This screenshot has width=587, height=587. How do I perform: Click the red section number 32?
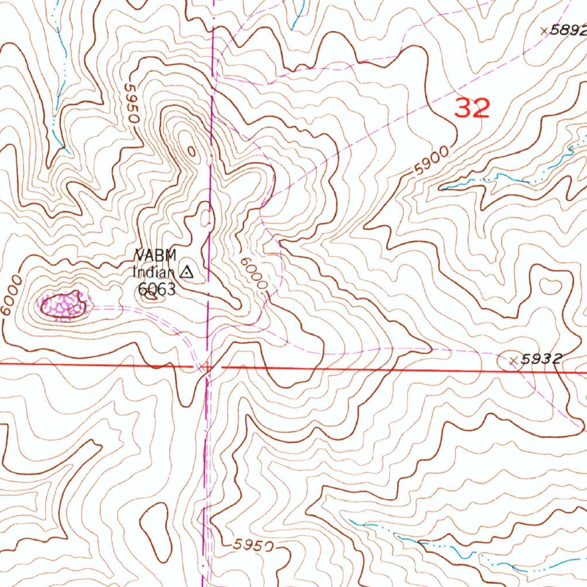pos(472,108)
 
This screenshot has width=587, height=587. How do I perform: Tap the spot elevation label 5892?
pos(568,32)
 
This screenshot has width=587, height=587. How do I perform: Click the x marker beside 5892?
pos(544,32)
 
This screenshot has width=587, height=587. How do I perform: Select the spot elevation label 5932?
pos(542,359)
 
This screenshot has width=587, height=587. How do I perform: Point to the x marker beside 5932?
pos(514,361)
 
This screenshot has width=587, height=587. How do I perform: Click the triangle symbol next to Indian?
pos(187,272)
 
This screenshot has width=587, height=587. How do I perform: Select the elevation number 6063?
pos(156,289)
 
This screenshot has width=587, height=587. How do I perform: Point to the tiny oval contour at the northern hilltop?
pos(191,151)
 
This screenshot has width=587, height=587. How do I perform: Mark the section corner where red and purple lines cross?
pos(208,366)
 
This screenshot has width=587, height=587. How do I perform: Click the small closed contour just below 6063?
pos(152,297)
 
